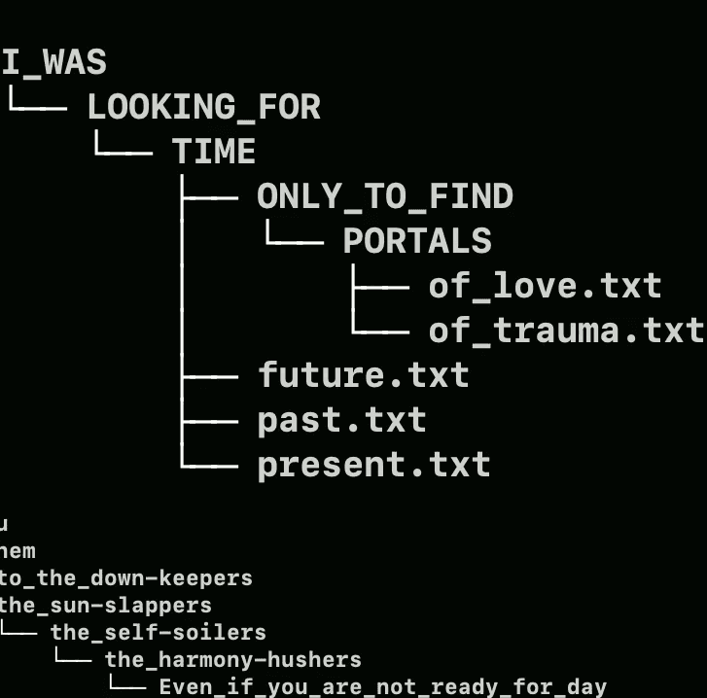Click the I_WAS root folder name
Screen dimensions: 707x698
point(53,63)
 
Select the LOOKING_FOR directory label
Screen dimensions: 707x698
point(204,107)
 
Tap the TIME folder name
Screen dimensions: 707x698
point(214,152)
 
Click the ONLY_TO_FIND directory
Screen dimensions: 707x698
point(384,196)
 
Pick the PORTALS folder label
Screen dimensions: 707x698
point(417,241)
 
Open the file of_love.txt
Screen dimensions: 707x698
point(545,286)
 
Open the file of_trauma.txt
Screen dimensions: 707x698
point(565,331)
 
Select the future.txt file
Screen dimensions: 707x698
point(363,375)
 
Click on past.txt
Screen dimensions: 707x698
point(341,420)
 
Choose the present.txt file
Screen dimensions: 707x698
point(373,465)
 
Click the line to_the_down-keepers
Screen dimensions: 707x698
point(125,578)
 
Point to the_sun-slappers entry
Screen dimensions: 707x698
point(105,606)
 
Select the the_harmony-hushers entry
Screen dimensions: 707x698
point(232,660)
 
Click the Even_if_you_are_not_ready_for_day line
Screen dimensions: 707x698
point(382,687)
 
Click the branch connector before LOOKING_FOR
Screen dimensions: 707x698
point(37,101)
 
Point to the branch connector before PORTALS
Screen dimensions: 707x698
point(294,235)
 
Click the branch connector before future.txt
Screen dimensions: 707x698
point(209,375)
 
